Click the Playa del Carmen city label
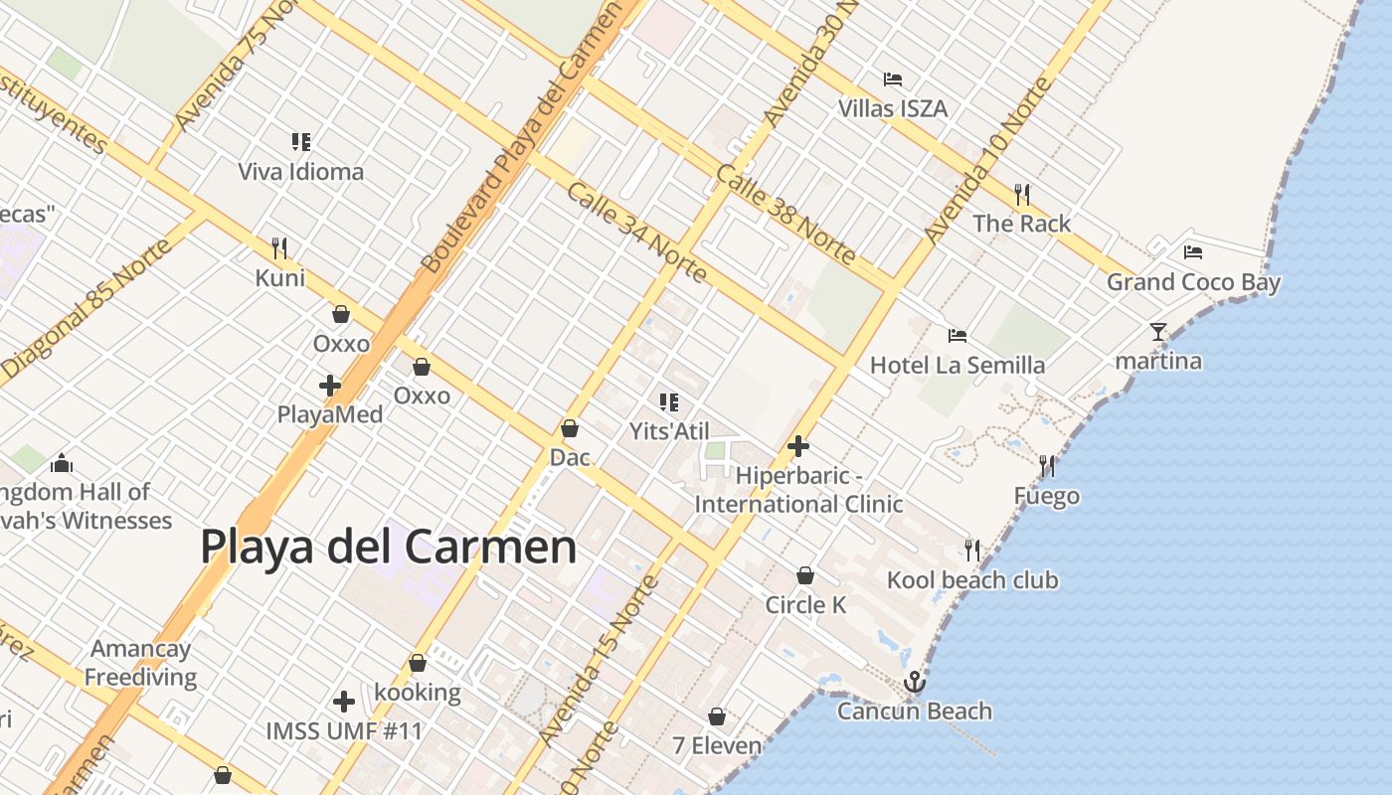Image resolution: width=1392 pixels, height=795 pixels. click(x=389, y=547)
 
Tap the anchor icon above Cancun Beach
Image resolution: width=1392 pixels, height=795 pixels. click(x=914, y=682)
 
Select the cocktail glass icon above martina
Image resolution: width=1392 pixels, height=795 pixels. click(x=1157, y=331)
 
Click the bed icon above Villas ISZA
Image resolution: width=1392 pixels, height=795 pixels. click(x=893, y=79)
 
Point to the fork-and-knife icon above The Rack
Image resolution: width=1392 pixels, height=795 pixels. click(x=1021, y=193)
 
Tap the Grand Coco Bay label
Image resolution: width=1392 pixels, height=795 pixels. click(x=1193, y=282)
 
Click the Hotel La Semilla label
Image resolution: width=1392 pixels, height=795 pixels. click(x=957, y=365)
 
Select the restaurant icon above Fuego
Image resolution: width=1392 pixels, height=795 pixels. click(x=1046, y=465)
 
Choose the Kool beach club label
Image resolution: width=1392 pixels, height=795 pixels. click(x=972, y=580)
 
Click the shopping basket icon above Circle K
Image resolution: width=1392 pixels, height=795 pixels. click(x=805, y=575)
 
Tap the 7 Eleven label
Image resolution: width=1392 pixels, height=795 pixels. click(x=717, y=745)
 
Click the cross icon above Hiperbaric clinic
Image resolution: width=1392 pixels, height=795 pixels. click(x=797, y=446)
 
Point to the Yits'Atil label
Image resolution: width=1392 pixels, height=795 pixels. click(x=669, y=431)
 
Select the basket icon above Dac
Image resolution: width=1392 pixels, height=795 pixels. click(x=570, y=428)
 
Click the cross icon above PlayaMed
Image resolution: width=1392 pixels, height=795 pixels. click(x=330, y=385)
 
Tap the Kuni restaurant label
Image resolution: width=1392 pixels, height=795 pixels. click(x=280, y=277)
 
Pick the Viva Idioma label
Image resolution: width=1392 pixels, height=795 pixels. click(x=300, y=171)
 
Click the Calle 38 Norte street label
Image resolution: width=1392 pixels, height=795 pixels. click(x=785, y=215)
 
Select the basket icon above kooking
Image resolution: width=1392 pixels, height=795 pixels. click(x=418, y=663)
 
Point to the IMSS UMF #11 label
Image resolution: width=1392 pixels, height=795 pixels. click(x=344, y=731)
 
